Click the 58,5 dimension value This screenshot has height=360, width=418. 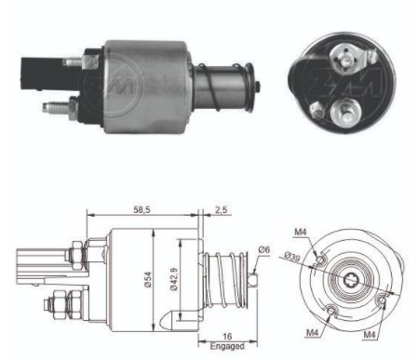[x=142, y=209]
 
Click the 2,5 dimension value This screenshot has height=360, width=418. [x=221, y=209]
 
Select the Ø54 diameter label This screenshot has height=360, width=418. [x=148, y=279]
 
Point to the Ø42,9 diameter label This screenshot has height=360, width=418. [x=174, y=279]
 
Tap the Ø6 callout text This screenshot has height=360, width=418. [x=264, y=249]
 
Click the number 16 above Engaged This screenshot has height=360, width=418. [x=227, y=336]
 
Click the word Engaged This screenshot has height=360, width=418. [x=227, y=346]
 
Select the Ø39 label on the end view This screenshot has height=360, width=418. [x=291, y=257]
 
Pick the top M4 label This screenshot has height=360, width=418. [x=301, y=232]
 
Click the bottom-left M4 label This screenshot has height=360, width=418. [x=313, y=333]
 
